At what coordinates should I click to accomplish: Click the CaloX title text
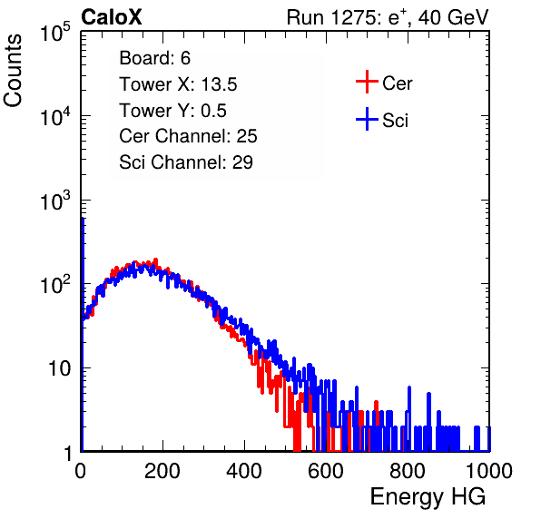click(x=112, y=17)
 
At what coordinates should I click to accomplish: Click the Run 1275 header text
click(x=388, y=17)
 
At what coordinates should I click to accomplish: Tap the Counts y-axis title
click(x=13, y=71)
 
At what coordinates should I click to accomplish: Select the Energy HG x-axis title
click(x=428, y=497)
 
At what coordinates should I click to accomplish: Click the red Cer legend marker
click(x=367, y=82)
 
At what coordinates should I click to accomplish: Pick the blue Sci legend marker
click(x=367, y=119)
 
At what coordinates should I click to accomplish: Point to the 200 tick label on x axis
click(x=162, y=471)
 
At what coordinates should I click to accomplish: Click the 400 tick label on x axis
click(x=244, y=471)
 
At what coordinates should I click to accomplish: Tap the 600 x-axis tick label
click(x=326, y=471)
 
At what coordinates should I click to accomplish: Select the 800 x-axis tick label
click(x=408, y=471)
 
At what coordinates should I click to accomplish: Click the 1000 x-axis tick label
click(x=489, y=471)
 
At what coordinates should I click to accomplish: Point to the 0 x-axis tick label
click(x=81, y=471)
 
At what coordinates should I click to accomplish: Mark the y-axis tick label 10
click(x=60, y=368)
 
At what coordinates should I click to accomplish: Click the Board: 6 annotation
click(x=154, y=58)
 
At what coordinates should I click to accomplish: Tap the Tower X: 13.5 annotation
click(x=178, y=84)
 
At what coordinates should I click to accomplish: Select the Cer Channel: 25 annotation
click(x=188, y=136)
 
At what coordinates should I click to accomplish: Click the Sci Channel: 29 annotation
click(x=186, y=162)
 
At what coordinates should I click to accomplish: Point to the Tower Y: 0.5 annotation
click(x=172, y=111)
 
